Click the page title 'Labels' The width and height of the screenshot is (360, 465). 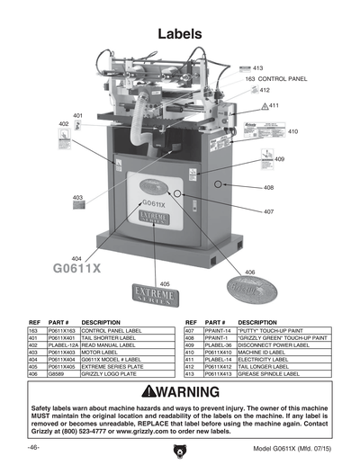[x=179, y=34]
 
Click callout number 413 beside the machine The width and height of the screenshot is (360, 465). [x=257, y=68]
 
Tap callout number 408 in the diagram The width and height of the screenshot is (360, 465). [x=269, y=187]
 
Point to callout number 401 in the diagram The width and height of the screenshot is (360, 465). [x=78, y=116]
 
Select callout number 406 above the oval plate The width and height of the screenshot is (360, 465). [x=249, y=272]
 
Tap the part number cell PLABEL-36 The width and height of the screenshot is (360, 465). [x=219, y=345]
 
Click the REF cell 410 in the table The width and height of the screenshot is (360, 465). [x=191, y=352]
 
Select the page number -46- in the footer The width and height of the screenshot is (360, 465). [x=33, y=447]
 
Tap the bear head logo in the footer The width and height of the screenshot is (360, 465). [x=179, y=448]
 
